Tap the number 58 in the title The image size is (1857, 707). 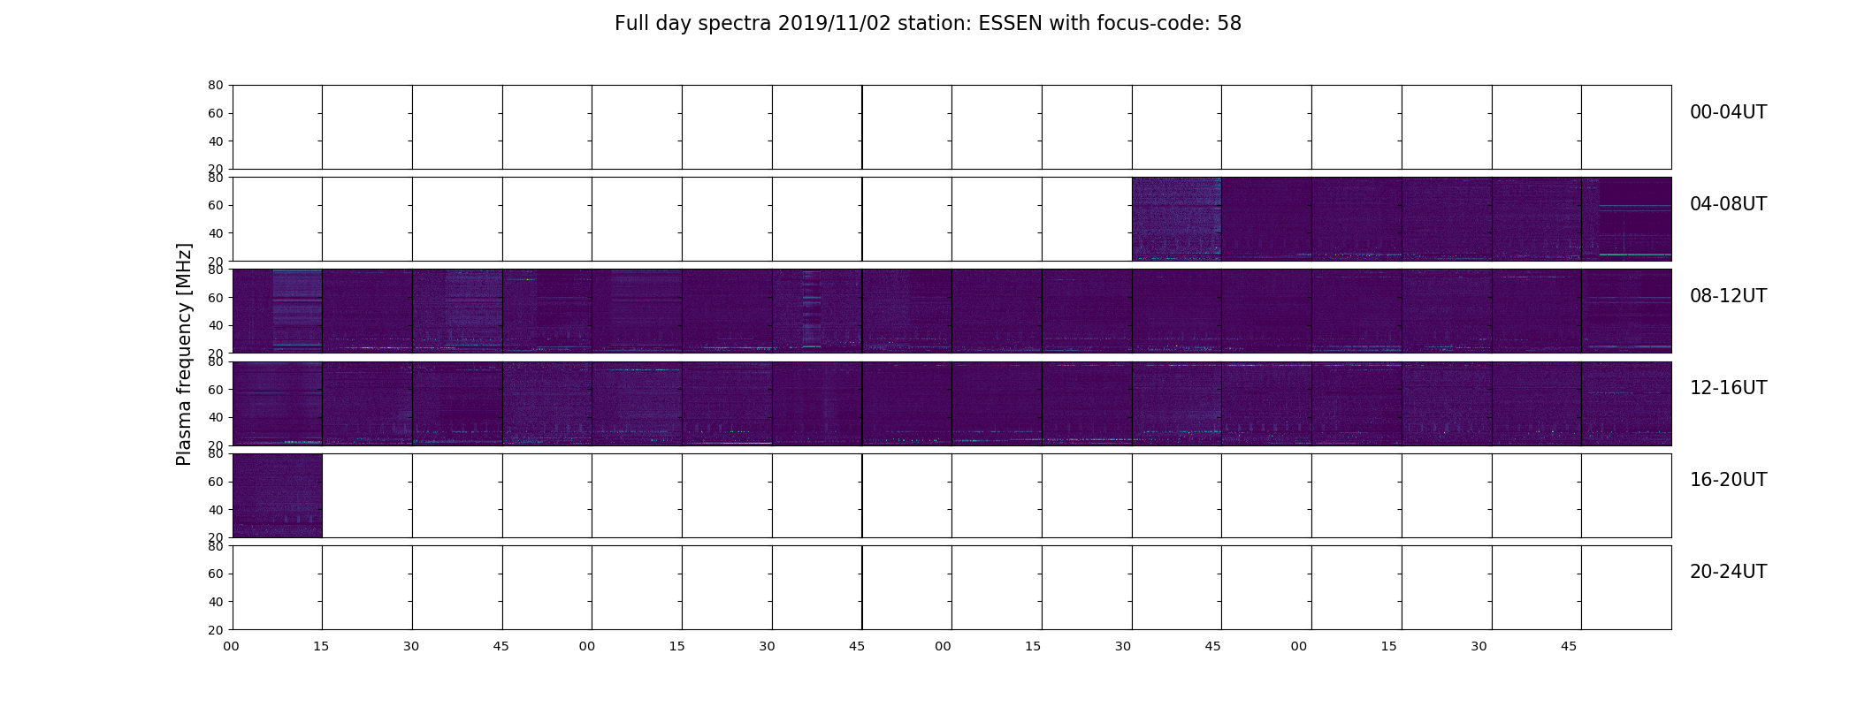(1229, 24)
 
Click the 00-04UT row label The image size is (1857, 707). (1728, 112)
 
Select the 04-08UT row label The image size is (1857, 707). (1728, 204)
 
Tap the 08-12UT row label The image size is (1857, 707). (1728, 296)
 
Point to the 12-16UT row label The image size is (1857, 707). (1728, 388)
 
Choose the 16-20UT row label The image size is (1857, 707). (1728, 480)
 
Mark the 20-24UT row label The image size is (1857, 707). (1728, 572)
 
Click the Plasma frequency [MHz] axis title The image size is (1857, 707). (184, 354)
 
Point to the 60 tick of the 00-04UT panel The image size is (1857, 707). (216, 113)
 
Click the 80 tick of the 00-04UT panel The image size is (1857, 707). (216, 86)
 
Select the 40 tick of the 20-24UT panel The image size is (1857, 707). (216, 602)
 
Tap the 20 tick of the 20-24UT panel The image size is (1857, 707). (216, 630)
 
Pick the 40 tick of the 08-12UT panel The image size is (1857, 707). (216, 326)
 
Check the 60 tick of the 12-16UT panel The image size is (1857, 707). (216, 390)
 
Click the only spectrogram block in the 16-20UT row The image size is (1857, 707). (277, 496)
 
